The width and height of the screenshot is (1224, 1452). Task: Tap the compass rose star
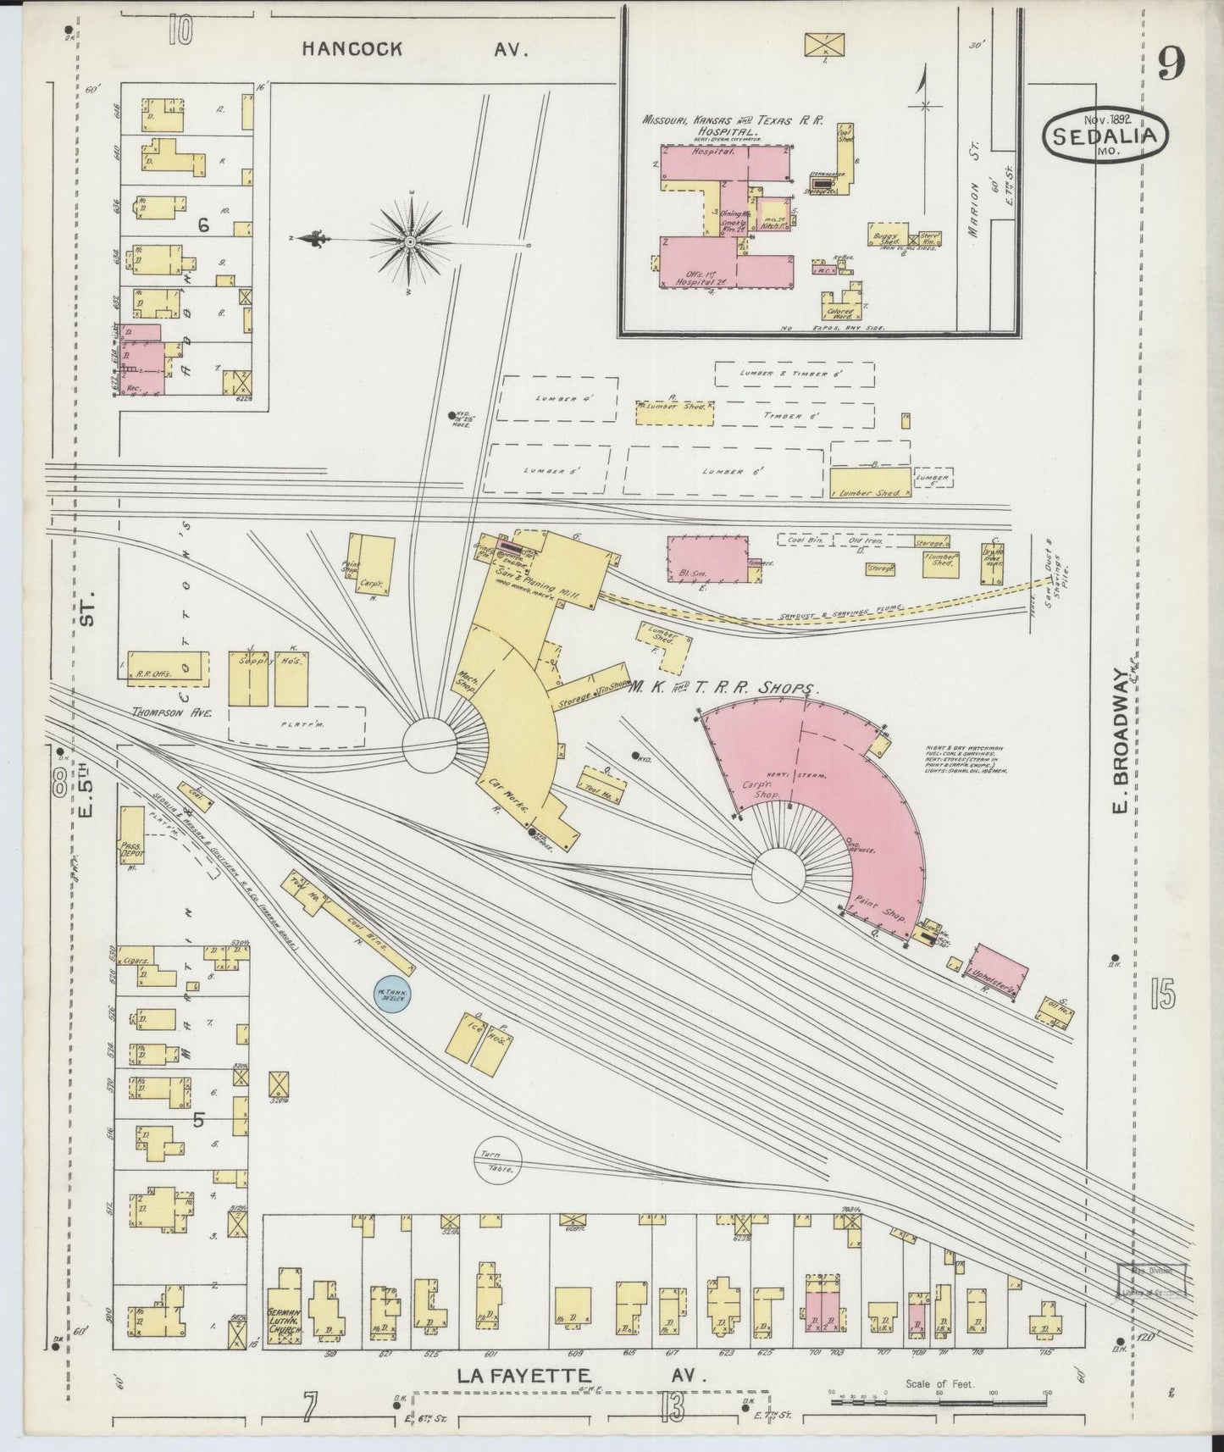pos(410,241)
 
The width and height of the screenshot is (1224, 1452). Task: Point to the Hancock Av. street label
pos(415,49)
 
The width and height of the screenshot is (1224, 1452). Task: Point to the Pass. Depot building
pos(131,834)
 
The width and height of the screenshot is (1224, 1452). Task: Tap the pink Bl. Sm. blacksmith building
pos(707,559)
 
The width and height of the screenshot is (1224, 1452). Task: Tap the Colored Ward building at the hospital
pos(843,307)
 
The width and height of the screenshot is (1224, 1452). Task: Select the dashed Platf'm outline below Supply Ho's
pos(296,727)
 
